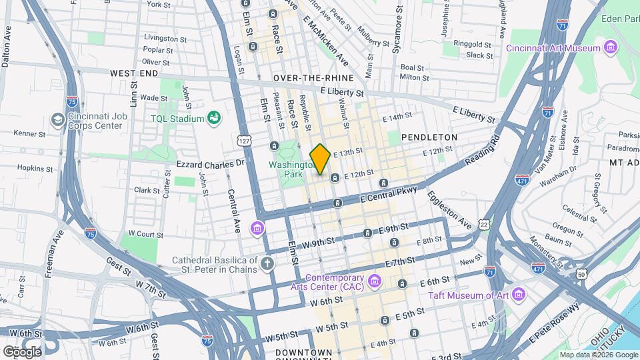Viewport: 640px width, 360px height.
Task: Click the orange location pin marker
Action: pos(321,159)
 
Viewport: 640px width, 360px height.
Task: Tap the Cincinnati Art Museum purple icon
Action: pos(609,47)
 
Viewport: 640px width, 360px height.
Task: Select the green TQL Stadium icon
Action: pos(214,119)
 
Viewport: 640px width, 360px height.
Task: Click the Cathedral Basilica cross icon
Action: pos(267,264)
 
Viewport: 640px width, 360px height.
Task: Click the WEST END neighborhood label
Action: pos(134,73)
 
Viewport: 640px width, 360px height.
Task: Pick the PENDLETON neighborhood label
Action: pos(429,137)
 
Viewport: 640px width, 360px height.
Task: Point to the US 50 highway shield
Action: pos(582,274)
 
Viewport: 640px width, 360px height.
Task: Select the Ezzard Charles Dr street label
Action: pos(211,163)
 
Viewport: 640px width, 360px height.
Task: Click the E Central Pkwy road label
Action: pos(388,195)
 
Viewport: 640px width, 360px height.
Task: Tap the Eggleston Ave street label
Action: pos(450,211)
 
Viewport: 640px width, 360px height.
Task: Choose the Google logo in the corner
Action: pos(22,351)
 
